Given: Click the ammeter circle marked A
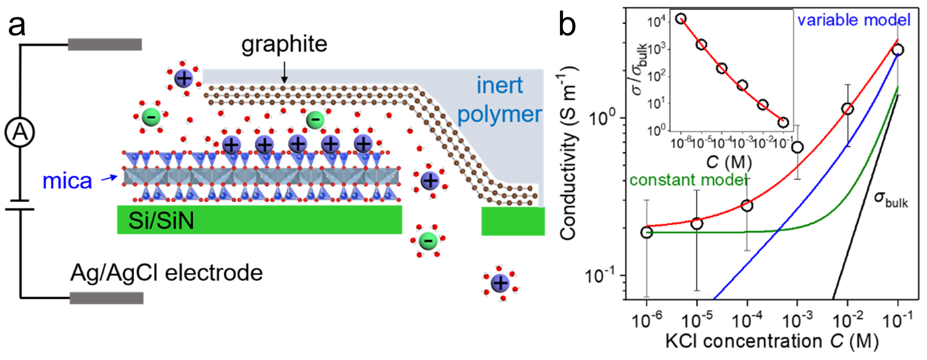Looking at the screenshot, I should (x=20, y=132).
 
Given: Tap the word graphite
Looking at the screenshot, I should (x=284, y=44).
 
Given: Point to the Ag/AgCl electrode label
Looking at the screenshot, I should (x=166, y=273).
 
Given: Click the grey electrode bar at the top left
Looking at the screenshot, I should (x=105, y=44).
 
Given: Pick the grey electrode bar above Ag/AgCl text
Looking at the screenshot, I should (x=107, y=298).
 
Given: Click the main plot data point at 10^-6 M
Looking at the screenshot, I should (x=647, y=232).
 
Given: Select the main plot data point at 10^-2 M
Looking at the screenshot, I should (x=848, y=109).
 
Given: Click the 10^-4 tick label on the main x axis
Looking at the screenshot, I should (x=747, y=320).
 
